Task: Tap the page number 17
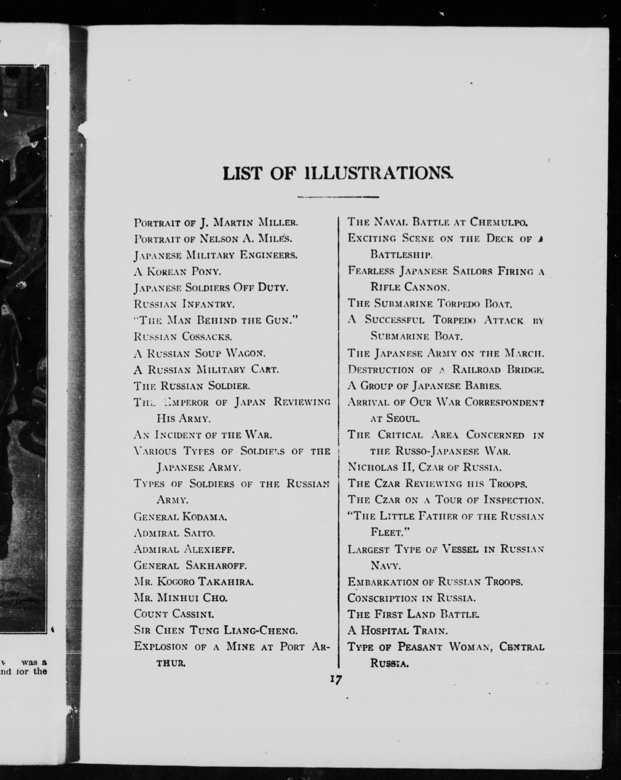(x=336, y=679)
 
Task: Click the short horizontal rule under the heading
(x=338, y=197)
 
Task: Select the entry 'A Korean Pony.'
(x=177, y=271)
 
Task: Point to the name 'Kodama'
(x=205, y=517)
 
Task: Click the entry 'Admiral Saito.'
(x=174, y=533)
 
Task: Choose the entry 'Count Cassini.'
(x=174, y=614)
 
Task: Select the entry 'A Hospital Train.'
(x=397, y=631)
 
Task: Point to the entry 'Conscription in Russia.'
(x=411, y=598)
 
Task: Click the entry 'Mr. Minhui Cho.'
(x=181, y=598)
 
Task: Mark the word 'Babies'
(x=483, y=386)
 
